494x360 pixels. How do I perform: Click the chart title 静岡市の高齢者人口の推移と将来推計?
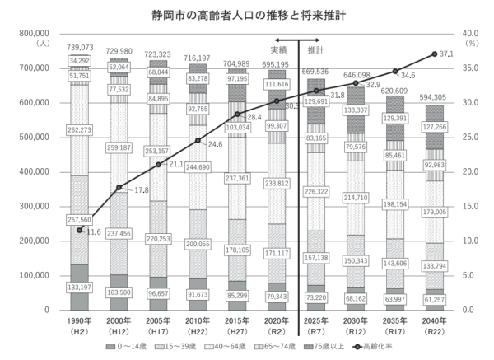tap(246, 14)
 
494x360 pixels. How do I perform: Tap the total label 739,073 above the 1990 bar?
tap(79, 49)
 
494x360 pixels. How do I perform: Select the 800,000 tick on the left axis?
tap(33, 34)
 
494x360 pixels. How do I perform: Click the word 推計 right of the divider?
tap(315, 50)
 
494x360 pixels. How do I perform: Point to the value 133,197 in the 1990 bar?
tap(79, 287)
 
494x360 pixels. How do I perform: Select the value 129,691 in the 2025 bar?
tap(316, 101)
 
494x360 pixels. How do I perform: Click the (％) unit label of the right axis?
tap(473, 44)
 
